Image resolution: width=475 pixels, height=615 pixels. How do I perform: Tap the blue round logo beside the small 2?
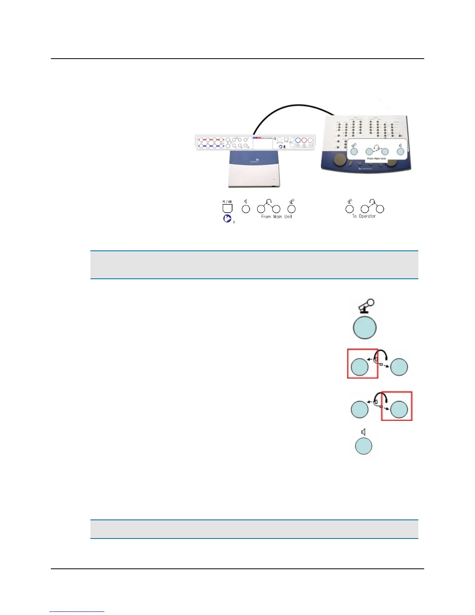click(x=227, y=219)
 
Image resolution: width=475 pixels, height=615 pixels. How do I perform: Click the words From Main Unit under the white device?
click(x=276, y=217)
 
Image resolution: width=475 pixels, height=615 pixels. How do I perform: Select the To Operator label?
click(x=364, y=216)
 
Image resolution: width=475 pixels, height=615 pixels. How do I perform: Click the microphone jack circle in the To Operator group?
click(x=350, y=209)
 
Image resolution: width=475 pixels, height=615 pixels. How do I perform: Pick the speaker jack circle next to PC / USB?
click(x=246, y=209)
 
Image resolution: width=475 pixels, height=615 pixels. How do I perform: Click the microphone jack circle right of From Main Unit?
click(x=291, y=209)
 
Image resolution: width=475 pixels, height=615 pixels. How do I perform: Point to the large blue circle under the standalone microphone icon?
click(x=364, y=328)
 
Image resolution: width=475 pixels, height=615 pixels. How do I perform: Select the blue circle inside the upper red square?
click(x=360, y=367)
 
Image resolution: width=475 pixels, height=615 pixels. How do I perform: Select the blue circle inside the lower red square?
click(x=399, y=409)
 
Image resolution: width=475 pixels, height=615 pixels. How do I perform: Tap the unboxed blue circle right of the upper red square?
click(x=399, y=367)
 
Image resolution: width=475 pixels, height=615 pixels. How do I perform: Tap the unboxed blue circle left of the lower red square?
click(x=360, y=409)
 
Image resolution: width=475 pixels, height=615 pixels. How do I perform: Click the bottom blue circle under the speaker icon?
click(x=364, y=446)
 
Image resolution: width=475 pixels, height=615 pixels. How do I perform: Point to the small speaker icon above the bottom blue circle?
click(x=363, y=432)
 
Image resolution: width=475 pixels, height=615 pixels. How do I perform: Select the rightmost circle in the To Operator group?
click(x=380, y=209)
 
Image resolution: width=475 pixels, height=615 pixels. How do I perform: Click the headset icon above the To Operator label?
click(x=372, y=202)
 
